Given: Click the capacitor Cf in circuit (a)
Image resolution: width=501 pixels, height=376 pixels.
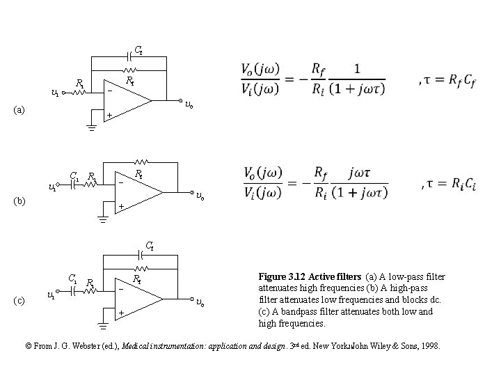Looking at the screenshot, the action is [x=130, y=52].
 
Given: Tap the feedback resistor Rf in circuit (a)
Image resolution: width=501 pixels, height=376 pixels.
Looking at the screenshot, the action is [x=129, y=70].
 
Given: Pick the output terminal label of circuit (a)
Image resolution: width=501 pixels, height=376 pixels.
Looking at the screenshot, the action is [x=189, y=104].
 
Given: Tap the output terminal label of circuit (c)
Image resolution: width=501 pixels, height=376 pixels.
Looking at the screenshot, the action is [x=200, y=302].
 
